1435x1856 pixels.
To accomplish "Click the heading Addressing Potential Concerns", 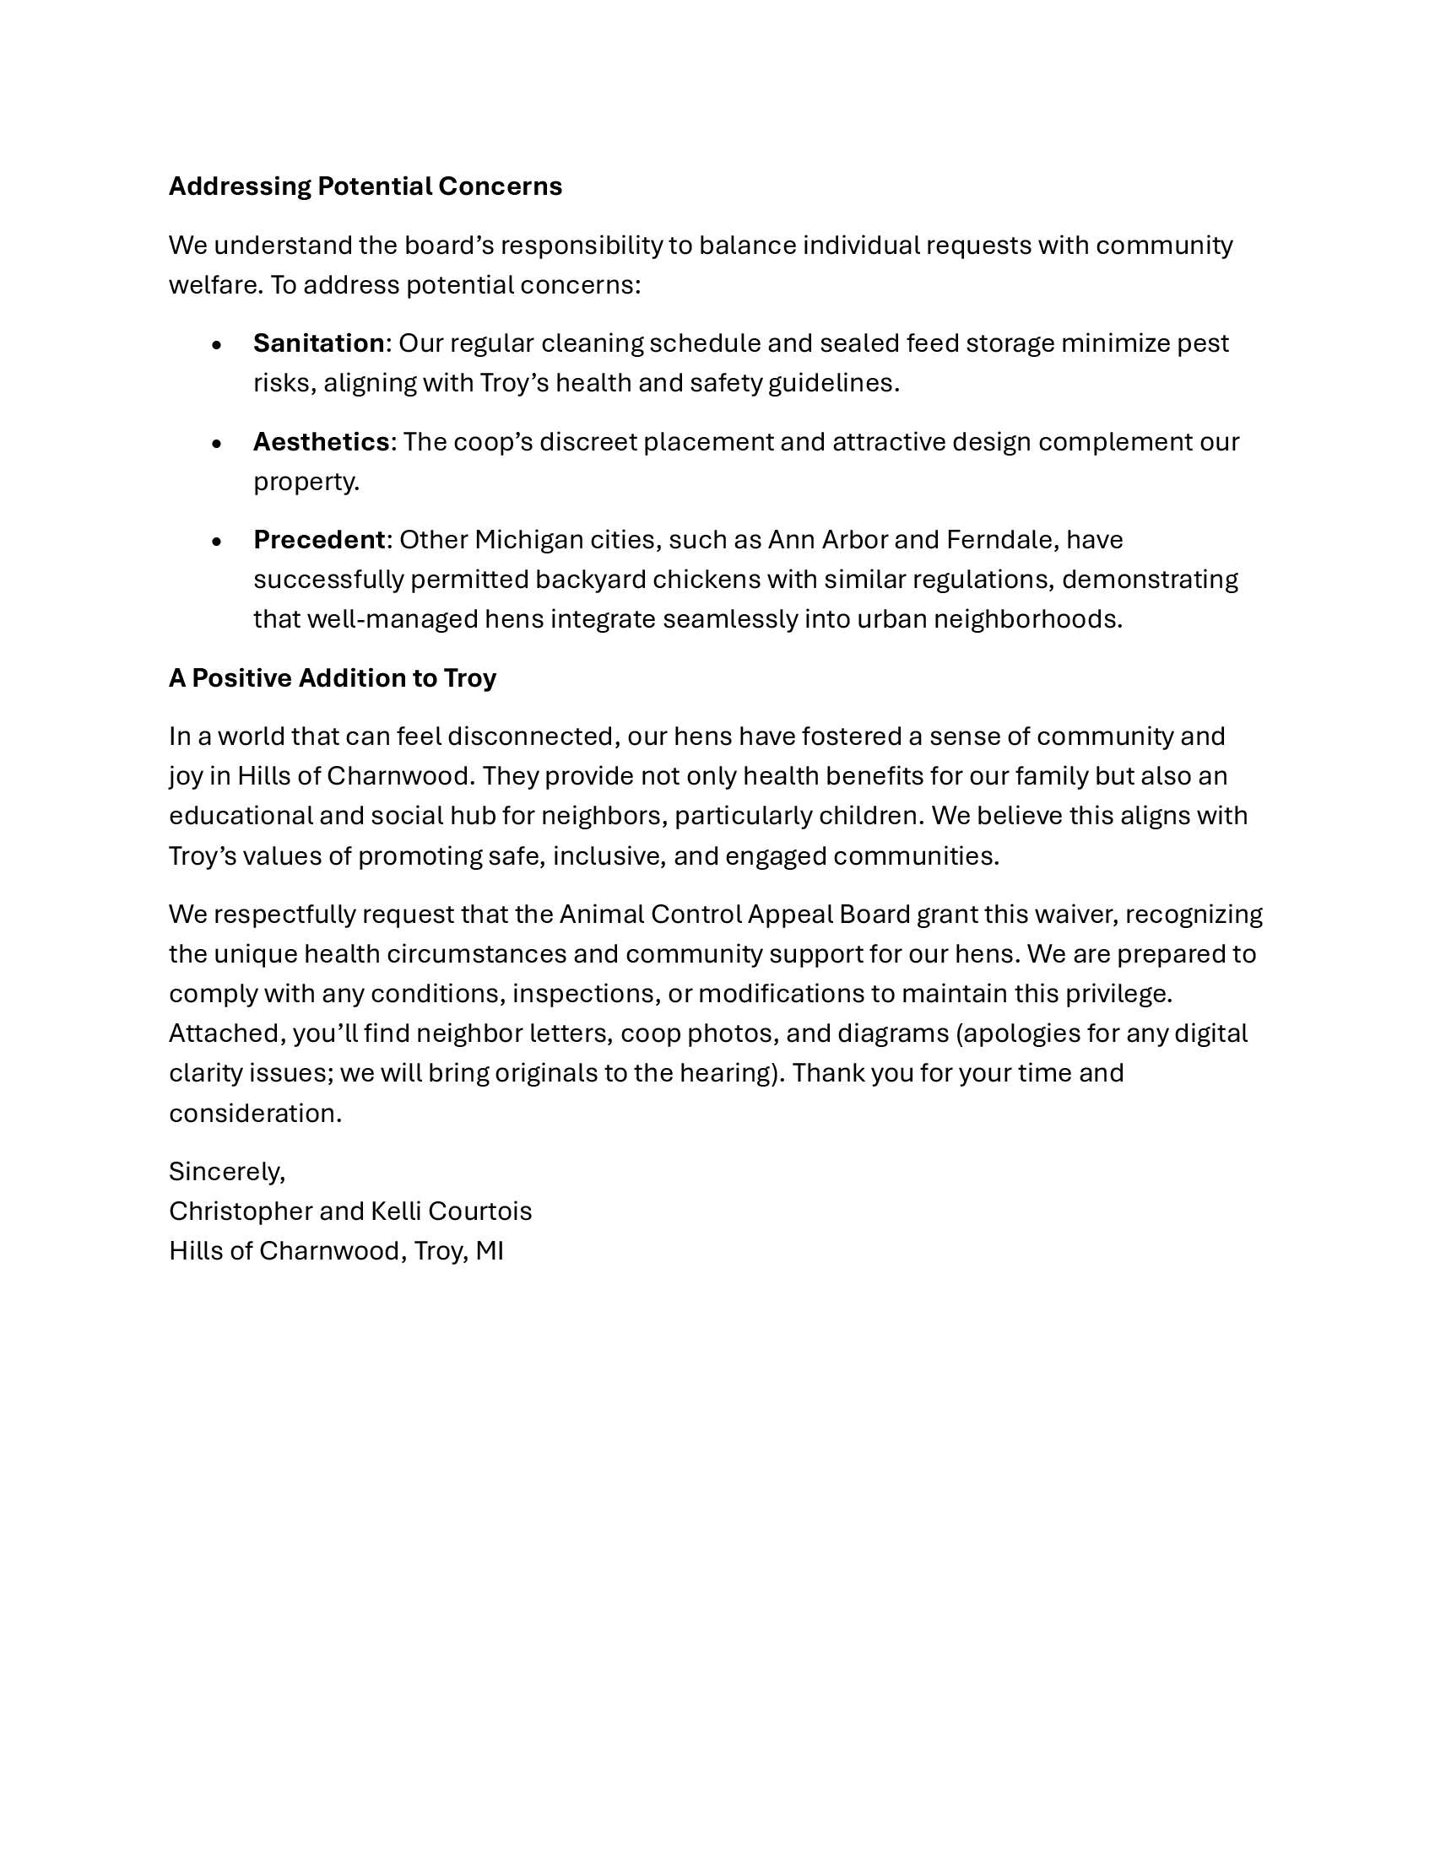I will click(365, 186).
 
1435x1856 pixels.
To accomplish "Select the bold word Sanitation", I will click(319, 343).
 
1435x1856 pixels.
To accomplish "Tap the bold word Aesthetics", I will click(321, 442).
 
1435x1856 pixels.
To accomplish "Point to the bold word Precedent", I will click(319, 540).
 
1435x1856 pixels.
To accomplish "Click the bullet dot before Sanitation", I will click(217, 345).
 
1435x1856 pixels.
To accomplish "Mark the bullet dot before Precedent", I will click(217, 542).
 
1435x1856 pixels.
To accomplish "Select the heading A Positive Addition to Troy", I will click(333, 678).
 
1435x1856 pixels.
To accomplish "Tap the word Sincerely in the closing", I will click(226, 1172).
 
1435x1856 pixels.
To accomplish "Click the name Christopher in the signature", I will click(241, 1211).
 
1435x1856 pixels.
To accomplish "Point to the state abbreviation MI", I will click(490, 1251).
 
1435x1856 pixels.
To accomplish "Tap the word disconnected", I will click(530, 736).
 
